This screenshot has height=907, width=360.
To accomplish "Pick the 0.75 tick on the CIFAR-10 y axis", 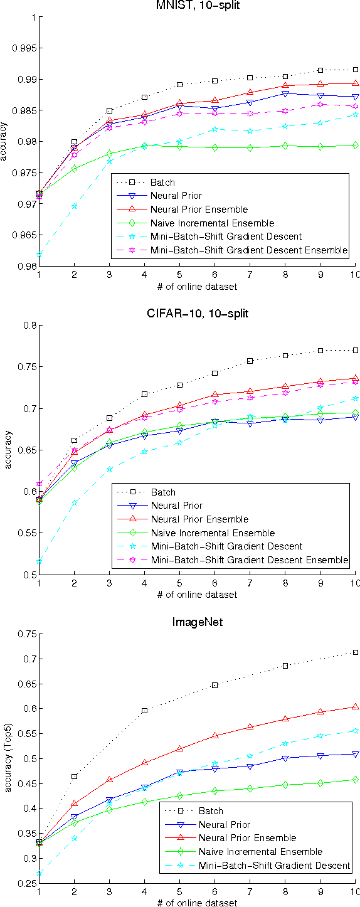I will (27, 367).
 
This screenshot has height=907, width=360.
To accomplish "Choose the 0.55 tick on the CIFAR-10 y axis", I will (27, 533).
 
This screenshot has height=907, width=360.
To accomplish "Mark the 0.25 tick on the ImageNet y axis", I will (27, 883).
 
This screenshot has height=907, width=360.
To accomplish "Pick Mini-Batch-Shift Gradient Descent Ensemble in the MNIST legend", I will (249, 250).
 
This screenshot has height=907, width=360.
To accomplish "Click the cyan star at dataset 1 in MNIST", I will (39, 255).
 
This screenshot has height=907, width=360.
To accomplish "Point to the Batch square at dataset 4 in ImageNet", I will (144, 711).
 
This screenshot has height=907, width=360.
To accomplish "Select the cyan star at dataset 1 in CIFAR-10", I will (39, 561).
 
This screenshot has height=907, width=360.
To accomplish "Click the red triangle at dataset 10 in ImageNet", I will (356, 707).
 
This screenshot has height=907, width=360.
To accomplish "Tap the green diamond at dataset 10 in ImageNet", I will (356, 780).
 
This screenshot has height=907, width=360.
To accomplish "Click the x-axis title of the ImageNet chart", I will (198, 903).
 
